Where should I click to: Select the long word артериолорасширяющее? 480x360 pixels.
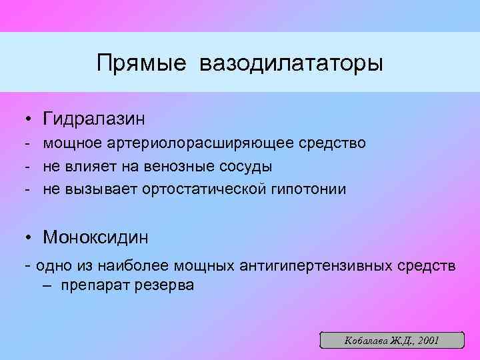(201, 143)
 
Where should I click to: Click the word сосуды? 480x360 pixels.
(248, 166)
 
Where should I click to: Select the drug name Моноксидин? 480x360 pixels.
(95, 237)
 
